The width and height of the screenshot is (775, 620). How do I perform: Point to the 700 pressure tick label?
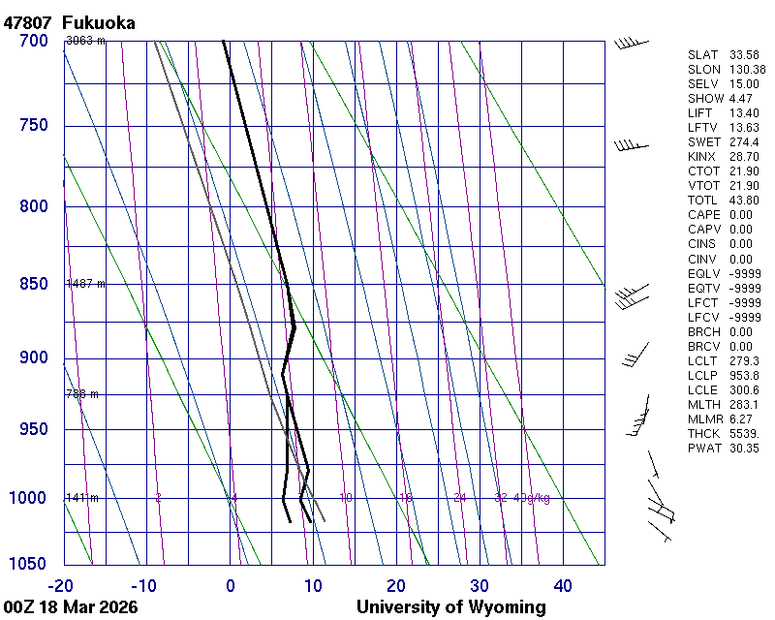33,41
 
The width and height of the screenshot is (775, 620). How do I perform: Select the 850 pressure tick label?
33,284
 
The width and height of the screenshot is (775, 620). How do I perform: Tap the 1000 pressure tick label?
29,498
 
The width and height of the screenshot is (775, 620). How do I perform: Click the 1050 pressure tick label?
29,565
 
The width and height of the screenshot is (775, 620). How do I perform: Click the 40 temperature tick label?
563,585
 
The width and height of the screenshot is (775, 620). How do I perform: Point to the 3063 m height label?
85,41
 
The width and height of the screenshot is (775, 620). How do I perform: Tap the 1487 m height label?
85,284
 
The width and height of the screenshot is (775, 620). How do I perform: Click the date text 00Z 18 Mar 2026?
70,607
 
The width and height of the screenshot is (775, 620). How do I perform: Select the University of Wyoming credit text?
450,607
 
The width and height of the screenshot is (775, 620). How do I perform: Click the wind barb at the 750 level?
630,145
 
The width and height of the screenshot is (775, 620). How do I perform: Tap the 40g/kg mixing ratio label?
532,498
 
